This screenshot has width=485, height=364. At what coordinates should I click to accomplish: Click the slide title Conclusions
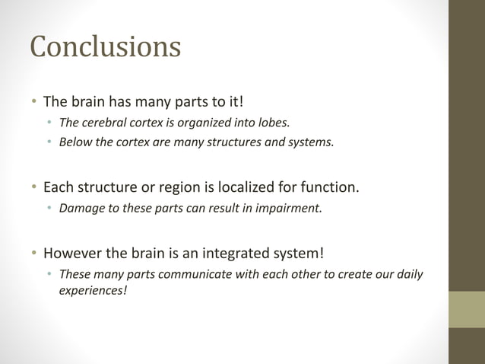(x=105, y=47)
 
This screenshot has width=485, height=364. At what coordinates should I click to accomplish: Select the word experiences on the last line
(x=93, y=289)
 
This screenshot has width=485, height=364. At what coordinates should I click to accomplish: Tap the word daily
(x=407, y=273)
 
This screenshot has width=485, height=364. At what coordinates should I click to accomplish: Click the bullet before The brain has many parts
(x=33, y=101)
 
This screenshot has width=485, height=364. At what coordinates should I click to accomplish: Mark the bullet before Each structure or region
(x=33, y=187)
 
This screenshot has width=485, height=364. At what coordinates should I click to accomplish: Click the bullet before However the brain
(x=33, y=253)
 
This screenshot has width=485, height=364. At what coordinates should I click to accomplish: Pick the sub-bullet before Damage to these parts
(x=49, y=207)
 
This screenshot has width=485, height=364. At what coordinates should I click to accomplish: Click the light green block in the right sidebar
(x=467, y=308)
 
